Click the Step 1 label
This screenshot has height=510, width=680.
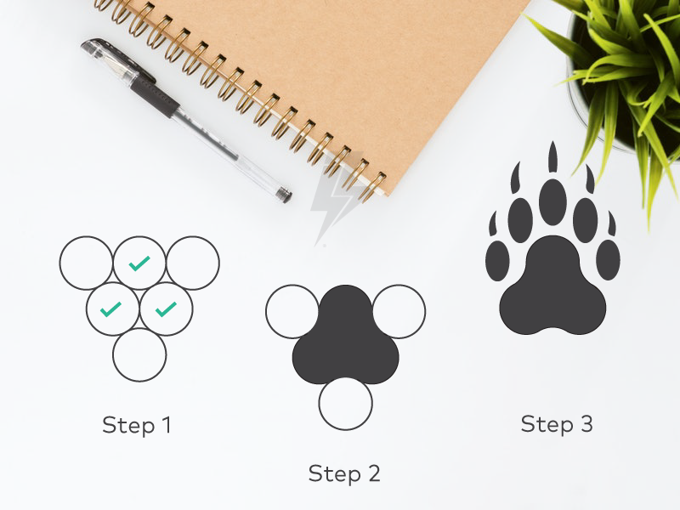[137, 424]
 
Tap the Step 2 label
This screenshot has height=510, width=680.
[344, 473]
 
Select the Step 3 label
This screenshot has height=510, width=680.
[557, 423]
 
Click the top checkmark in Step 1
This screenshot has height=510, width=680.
[139, 264]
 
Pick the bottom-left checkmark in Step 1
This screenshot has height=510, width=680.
[111, 309]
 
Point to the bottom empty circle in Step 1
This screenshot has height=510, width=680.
[139, 354]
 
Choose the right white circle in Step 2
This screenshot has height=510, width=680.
[399, 311]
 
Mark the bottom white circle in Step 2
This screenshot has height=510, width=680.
[346, 403]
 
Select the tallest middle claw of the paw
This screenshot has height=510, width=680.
[552, 157]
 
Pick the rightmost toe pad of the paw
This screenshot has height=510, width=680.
[608, 259]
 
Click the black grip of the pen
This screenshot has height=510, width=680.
[152, 97]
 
